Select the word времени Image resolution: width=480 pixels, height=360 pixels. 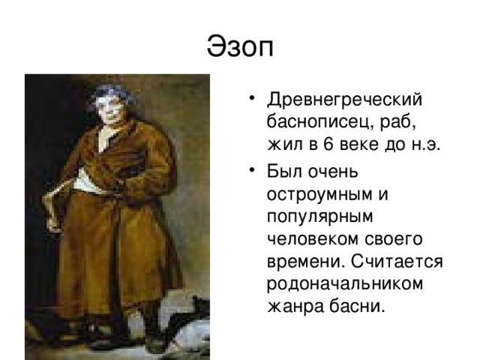304,262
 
